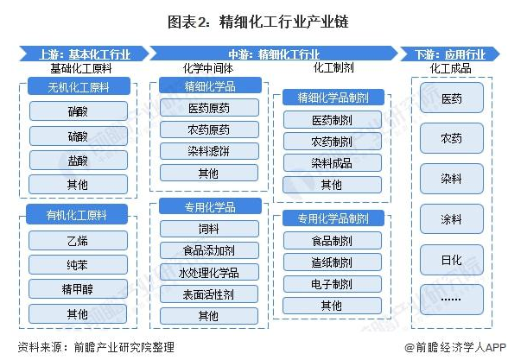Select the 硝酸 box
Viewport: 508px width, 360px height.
78,111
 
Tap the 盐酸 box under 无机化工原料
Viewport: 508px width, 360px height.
78,160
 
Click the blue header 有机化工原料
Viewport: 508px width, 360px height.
77,214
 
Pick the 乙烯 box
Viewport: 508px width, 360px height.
78,240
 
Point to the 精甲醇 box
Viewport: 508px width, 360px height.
78,288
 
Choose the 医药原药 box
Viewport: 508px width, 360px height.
209,108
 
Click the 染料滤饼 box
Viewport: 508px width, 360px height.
209,151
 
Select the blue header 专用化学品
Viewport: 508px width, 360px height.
210,206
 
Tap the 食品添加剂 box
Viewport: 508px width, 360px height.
209,250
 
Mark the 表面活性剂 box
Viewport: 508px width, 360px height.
209,294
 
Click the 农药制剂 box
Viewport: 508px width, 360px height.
332,142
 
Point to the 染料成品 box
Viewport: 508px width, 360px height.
332,163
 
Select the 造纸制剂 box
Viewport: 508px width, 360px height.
332,262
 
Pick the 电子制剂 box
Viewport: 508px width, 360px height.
332,284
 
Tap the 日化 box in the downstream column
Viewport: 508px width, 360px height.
452,260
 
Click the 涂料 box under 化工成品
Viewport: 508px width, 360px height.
452,219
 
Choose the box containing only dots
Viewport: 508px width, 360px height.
452,300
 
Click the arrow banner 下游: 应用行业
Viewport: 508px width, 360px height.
450,54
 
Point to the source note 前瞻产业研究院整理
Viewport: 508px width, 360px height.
124,347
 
